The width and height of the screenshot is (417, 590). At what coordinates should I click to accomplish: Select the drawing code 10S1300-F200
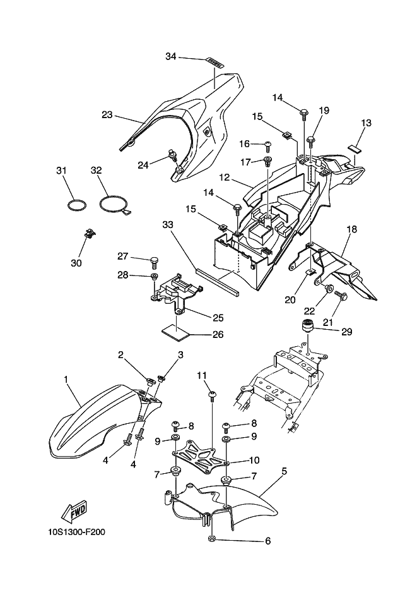[76, 532]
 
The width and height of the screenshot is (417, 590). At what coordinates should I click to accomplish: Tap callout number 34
[171, 56]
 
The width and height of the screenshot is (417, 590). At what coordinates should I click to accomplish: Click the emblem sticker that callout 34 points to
[215, 63]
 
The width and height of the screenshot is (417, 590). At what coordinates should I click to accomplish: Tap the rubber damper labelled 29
[308, 325]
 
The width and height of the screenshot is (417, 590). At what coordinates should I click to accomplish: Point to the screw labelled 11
[212, 396]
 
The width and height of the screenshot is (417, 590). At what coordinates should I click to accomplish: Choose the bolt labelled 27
[154, 260]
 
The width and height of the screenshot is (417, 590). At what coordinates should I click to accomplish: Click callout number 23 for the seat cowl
[107, 114]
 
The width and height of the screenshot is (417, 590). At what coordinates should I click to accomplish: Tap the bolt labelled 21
[341, 295]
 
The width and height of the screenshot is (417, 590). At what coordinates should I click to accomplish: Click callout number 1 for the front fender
[66, 380]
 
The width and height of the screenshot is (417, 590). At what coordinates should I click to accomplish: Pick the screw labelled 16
[269, 145]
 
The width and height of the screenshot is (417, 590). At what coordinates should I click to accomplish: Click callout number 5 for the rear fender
[284, 471]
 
